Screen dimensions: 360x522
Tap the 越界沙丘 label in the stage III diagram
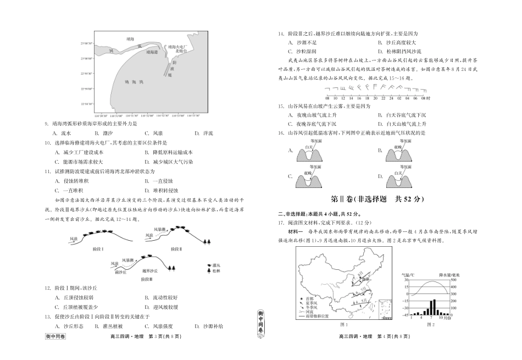tap(150, 271)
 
